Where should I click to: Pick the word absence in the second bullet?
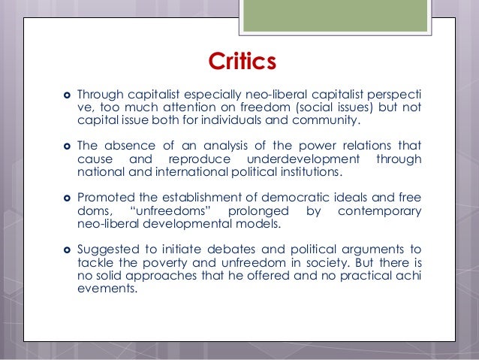127,146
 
